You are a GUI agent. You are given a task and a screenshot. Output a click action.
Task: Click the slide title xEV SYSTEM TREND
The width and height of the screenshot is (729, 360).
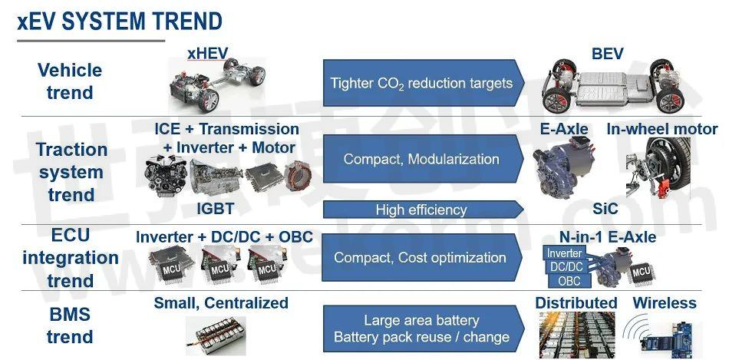(120, 21)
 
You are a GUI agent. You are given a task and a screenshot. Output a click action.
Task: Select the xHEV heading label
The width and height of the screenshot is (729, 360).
(207, 54)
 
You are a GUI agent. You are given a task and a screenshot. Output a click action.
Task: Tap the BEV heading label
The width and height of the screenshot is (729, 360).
(607, 54)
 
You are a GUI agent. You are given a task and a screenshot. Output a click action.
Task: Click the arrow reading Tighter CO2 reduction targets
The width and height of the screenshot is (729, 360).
(424, 83)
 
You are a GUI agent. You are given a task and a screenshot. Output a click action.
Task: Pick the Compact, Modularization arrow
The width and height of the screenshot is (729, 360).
(424, 159)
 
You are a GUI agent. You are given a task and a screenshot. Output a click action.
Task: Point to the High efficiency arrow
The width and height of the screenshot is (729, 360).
(424, 210)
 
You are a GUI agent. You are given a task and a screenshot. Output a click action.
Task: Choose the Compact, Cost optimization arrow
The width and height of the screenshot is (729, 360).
(424, 257)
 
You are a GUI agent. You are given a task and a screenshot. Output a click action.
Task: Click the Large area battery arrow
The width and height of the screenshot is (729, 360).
(424, 329)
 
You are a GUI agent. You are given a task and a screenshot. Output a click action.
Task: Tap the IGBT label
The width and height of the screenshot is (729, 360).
(215, 209)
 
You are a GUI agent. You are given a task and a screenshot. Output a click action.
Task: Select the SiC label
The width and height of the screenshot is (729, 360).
(605, 209)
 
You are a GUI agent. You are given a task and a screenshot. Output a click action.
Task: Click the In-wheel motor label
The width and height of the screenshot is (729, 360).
(662, 129)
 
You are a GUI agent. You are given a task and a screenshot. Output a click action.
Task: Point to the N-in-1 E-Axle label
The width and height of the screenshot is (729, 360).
(608, 237)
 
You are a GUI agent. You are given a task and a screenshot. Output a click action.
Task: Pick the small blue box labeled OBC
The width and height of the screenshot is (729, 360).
(569, 282)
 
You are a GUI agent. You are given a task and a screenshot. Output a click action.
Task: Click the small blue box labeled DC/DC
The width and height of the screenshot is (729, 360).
(566, 267)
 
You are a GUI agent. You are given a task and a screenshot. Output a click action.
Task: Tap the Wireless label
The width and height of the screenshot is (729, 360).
(665, 303)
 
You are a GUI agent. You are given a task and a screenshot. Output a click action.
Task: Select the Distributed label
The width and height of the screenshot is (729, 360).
(576, 303)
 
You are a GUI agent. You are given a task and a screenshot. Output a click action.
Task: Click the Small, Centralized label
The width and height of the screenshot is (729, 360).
(221, 303)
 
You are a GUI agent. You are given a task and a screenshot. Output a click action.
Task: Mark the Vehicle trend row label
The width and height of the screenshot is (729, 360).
(70, 81)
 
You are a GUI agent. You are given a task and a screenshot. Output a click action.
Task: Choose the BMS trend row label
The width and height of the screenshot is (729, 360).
(70, 325)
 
